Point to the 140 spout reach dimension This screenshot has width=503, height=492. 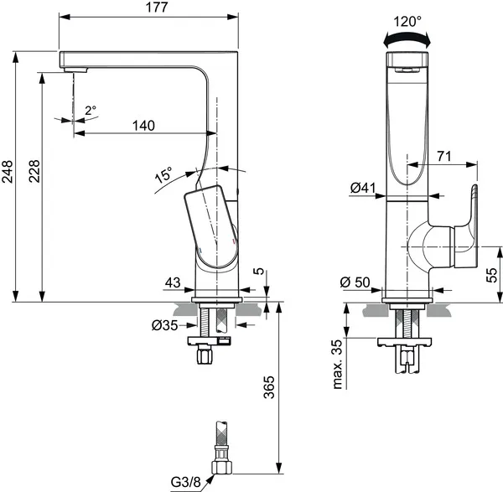144,126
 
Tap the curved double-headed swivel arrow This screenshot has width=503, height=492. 407,38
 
